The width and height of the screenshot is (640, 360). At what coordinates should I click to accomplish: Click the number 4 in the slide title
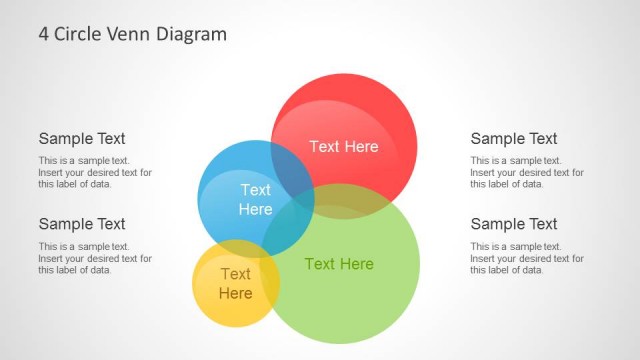click(x=44, y=34)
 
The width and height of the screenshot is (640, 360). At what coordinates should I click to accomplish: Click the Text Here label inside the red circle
click(x=344, y=146)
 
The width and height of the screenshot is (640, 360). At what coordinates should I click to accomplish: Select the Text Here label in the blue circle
click(x=255, y=199)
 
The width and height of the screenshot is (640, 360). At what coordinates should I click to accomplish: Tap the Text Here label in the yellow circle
click(x=235, y=283)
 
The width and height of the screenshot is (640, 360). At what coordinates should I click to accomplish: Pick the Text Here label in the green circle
click(x=339, y=264)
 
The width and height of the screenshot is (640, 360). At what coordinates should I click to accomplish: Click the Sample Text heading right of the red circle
click(x=514, y=139)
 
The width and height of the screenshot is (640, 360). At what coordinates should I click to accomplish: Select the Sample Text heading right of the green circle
click(x=514, y=224)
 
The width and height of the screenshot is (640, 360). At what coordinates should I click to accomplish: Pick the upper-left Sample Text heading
click(x=82, y=139)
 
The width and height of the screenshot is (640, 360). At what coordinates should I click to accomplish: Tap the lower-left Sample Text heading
click(x=82, y=224)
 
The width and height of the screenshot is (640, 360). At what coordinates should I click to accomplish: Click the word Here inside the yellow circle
click(x=235, y=293)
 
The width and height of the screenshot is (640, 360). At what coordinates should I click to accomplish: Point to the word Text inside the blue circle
click(x=255, y=190)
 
